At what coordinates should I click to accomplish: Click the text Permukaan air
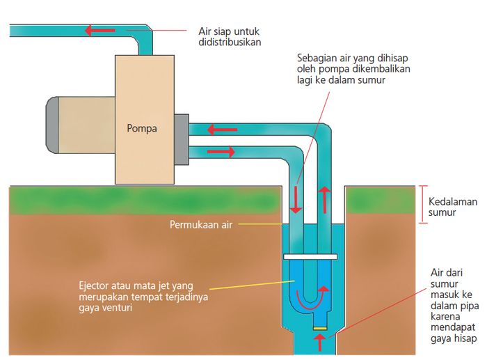click(x=202, y=225)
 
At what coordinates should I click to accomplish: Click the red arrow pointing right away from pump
click(x=226, y=150)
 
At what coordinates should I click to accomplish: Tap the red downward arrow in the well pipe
click(x=296, y=200)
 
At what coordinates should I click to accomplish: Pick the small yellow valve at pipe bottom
click(x=320, y=328)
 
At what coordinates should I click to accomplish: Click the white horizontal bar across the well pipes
click(x=310, y=257)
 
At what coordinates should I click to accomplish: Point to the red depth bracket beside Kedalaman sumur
click(x=422, y=204)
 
